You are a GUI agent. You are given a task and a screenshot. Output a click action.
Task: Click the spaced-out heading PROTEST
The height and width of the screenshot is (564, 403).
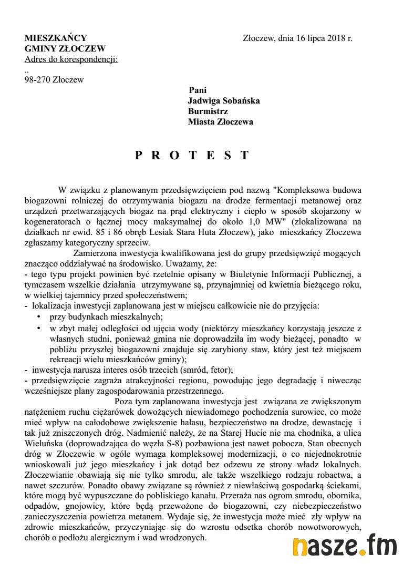point(192,156)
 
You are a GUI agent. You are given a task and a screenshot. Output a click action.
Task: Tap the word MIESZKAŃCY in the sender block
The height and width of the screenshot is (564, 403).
point(56,38)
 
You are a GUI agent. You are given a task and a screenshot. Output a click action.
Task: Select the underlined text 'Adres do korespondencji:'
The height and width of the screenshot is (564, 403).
point(71,59)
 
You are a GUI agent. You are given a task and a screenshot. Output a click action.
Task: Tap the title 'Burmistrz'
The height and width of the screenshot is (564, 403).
point(206,111)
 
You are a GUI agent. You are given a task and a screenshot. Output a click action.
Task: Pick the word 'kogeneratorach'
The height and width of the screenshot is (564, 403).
point(51,221)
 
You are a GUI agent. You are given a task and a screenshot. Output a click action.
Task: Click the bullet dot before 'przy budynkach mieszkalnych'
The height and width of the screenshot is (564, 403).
point(39,316)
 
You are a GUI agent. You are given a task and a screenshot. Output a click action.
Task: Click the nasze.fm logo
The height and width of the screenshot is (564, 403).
point(345,547)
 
